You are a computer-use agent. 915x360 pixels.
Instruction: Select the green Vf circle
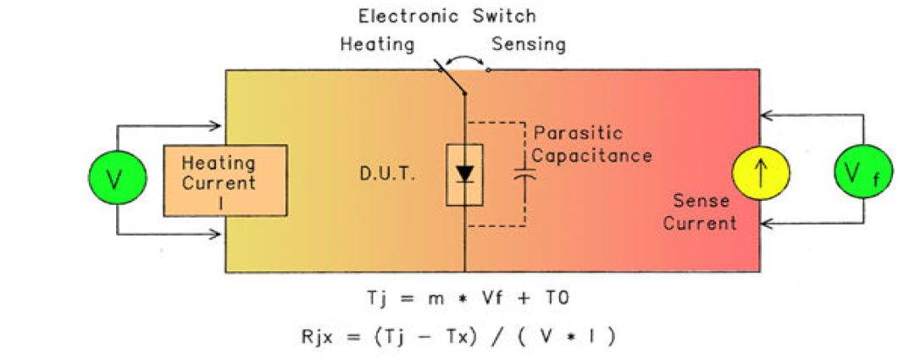tap(862, 174)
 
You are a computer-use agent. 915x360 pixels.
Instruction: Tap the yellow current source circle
tap(760, 174)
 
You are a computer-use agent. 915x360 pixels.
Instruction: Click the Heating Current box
tap(225, 180)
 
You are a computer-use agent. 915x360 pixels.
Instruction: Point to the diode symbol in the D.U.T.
tap(464, 174)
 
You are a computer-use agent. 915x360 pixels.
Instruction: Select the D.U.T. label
tap(381, 177)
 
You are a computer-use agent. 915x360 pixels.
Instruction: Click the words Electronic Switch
tap(446, 16)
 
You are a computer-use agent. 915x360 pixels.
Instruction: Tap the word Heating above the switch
tap(376, 43)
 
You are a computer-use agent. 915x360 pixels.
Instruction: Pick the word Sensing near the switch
tap(530, 43)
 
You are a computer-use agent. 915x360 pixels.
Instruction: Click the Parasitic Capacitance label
tap(592, 145)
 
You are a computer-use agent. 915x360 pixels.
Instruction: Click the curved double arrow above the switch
tap(465, 57)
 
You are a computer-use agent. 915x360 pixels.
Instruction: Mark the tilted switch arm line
tap(452, 77)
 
